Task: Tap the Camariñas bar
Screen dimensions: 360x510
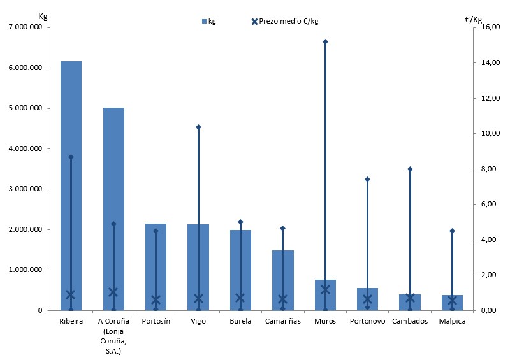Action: (x=282, y=280)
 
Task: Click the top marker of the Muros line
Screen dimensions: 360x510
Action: (x=325, y=41)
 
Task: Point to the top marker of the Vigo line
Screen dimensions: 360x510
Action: (x=198, y=127)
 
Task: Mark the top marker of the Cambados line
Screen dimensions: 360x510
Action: (x=410, y=169)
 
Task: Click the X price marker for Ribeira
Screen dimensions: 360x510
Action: (x=71, y=294)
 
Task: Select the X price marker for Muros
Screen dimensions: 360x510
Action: (x=325, y=289)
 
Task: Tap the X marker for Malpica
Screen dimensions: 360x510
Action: (x=452, y=300)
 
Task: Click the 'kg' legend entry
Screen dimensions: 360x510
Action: (x=208, y=21)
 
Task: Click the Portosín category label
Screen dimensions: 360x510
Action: (x=156, y=322)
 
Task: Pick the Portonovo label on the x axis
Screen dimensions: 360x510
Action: (x=367, y=322)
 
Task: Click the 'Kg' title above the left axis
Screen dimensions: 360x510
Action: (x=43, y=15)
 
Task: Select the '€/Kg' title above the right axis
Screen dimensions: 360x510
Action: (x=474, y=19)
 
